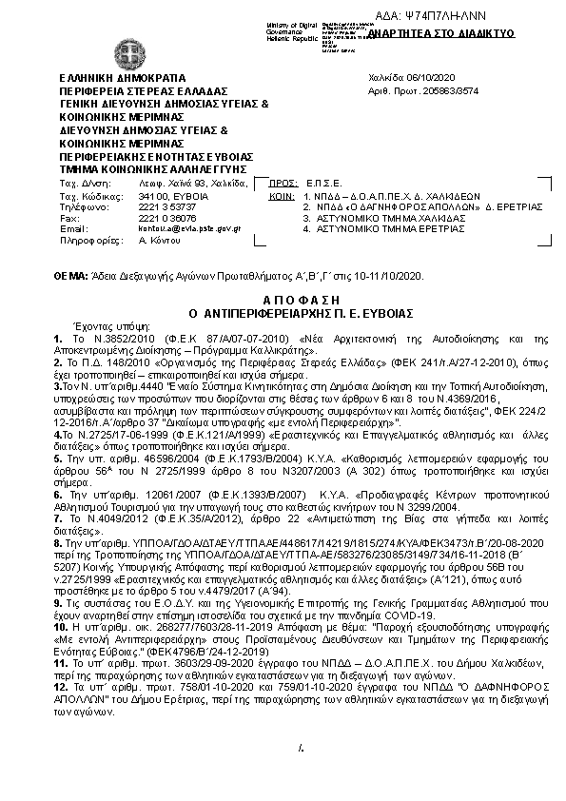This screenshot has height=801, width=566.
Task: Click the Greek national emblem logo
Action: click(127, 54)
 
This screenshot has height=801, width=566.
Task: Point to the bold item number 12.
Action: click(59, 657)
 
